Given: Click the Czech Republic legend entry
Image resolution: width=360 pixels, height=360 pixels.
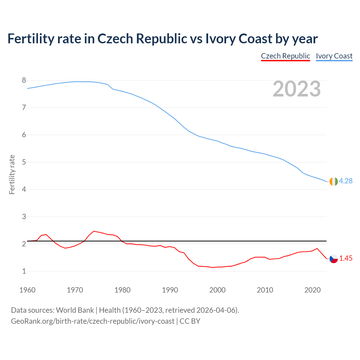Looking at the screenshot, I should coord(285,56).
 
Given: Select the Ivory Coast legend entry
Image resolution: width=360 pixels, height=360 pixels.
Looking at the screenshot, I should coord(334,56).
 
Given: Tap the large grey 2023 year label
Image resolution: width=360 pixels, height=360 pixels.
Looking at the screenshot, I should coord(296,89).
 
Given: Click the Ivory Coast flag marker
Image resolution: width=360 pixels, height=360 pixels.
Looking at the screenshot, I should coord(334,181).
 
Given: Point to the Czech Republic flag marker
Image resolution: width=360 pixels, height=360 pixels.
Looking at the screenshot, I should coord(334,259).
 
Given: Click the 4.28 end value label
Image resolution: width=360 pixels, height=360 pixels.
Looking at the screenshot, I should coord(346,181).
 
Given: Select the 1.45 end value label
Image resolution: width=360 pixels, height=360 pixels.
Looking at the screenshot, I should coord(346,258).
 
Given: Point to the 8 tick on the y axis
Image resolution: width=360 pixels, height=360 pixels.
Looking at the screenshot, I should coord(24,80).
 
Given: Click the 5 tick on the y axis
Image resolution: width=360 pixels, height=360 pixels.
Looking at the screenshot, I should coord(24,162).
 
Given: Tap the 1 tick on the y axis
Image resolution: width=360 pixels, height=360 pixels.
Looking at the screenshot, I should coord(24,271).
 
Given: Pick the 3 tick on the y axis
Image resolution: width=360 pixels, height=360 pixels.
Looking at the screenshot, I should coord(24,217).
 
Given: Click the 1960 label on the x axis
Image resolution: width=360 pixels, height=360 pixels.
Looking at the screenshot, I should coord(27,290).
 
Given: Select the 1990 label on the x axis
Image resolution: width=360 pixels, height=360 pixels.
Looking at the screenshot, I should coord(170,290).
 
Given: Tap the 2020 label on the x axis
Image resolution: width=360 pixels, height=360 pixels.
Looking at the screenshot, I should coord(312,290).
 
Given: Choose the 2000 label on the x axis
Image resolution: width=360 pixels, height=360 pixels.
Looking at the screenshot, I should coord(217,290).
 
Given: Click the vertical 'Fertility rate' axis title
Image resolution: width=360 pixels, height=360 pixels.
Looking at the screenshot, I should coord(12,174).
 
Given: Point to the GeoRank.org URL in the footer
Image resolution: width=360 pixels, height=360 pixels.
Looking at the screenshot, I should coord(93,321).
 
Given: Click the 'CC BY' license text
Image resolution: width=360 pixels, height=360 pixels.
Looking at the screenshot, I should coord(190,321).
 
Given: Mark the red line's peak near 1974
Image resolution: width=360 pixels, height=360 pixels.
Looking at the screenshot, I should coord(94,231).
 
